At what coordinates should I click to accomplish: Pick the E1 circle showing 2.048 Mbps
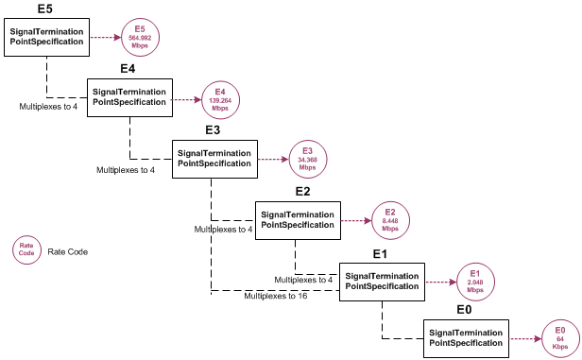pos(475,281)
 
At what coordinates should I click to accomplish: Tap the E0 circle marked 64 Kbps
pos(559,337)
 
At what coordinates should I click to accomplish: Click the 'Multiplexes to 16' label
pos(275,296)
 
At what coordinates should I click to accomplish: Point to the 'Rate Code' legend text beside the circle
pos(67,252)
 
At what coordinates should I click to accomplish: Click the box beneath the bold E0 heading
pos(466,338)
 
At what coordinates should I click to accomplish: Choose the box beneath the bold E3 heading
pos(214,158)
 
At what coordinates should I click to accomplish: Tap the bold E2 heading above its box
pos(302,192)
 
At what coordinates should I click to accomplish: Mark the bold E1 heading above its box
pos(381,254)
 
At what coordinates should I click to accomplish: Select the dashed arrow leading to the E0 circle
pos(522,338)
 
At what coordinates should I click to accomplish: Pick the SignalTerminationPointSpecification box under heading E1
pos(382,281)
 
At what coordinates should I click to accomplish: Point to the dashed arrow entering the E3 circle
pos(271,159)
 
